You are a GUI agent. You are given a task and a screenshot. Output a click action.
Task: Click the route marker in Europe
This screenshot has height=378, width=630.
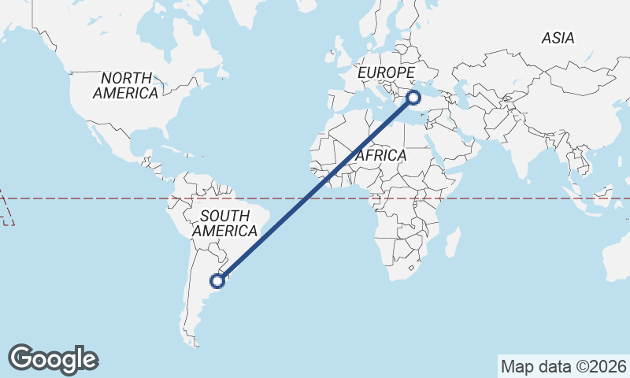[x=413, y=98]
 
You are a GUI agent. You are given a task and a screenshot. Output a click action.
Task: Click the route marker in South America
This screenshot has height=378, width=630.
[x=218, y=279]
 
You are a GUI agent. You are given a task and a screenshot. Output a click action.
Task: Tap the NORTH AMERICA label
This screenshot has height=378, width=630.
[x=126, y=85]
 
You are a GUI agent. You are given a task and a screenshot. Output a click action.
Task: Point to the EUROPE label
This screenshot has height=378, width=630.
[x=386, y=73]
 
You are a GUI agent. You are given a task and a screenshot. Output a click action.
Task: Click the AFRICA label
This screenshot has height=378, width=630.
[x=380, y=155]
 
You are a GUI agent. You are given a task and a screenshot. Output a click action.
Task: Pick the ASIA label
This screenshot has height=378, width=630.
[x=558, y=38]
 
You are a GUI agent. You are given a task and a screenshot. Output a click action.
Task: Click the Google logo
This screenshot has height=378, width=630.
[x=53, y=358]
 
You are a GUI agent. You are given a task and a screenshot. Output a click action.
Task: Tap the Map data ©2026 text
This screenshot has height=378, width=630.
[x=564, y=366]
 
